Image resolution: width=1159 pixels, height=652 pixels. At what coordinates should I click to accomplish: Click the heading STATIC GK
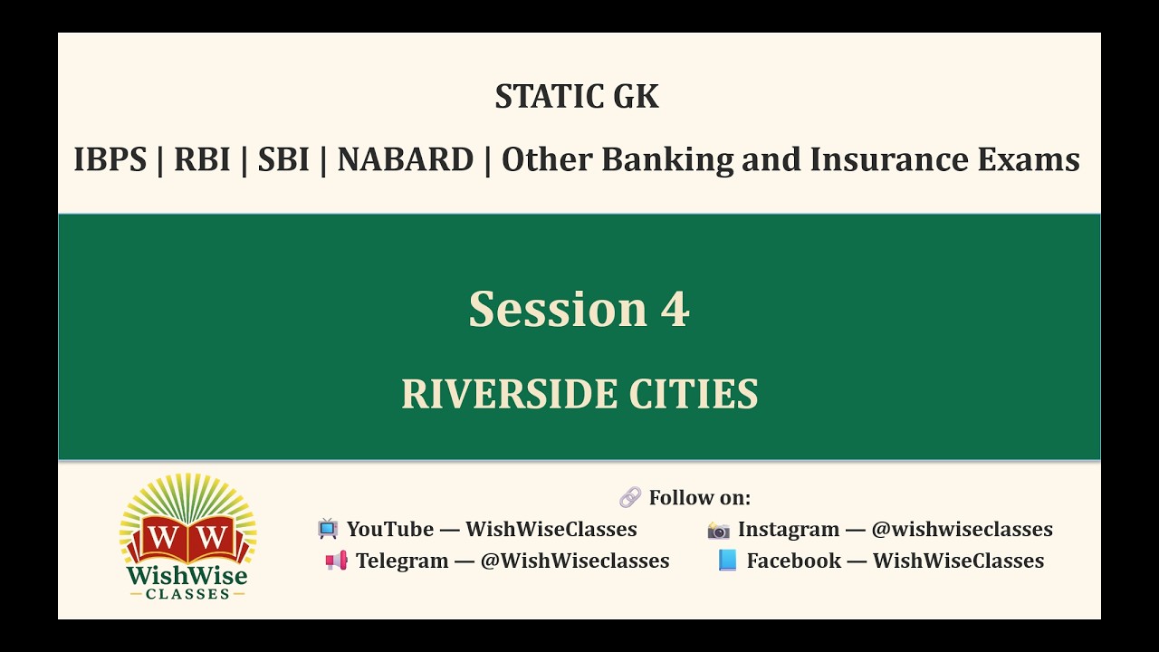click(577, 96)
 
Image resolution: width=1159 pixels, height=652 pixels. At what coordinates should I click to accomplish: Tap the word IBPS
click(110, 159)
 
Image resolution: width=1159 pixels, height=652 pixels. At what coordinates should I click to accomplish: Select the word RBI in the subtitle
click(201, 159)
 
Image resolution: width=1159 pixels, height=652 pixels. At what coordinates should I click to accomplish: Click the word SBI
click(283, 159)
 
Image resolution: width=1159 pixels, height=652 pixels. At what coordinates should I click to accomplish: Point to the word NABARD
click(405, 159)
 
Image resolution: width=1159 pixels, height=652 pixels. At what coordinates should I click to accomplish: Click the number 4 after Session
click(675, 309)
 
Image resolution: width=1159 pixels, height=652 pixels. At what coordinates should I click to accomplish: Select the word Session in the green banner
click(557, 309)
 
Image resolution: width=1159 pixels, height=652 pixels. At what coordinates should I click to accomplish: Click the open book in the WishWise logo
click(188, 538)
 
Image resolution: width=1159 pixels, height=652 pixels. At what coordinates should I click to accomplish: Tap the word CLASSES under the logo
click(187, 593)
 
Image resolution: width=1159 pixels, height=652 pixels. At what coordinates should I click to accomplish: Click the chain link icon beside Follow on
click(630, 497)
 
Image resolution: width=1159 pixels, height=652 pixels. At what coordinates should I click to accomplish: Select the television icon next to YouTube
click(328, 529)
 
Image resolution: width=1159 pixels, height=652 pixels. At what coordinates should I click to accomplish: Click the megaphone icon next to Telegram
click(336, 561)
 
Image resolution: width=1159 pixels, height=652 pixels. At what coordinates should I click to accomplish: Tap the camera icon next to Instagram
click(719, 529)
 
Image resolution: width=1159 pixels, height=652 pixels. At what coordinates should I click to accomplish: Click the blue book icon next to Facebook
click(728, 561)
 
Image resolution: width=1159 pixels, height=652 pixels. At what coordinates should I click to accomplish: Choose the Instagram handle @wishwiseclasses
click(962, 529)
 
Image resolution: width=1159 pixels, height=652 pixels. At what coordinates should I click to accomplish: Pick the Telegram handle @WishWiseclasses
click(574, 561)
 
